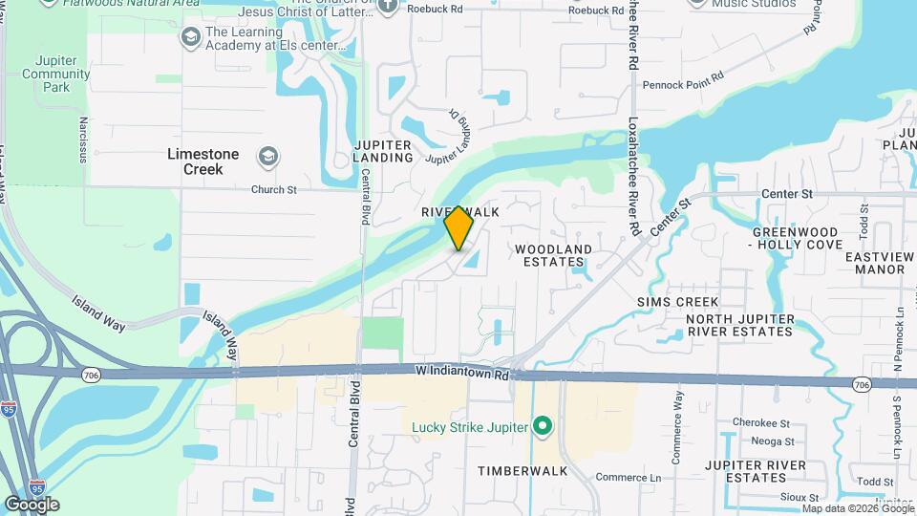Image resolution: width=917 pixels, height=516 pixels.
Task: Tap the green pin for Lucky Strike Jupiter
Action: click(x=543, y=425)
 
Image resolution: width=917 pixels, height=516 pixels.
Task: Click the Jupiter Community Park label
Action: click(x=57, y=74)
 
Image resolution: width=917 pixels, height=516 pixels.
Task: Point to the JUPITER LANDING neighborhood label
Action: click(x=383, y=151)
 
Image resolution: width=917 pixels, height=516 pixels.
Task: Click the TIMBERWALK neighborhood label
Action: click(x=522, y=471)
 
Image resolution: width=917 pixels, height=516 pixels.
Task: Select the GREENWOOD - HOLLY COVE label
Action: click(x=795, y=238)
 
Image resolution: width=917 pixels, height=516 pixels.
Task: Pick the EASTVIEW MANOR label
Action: click(x=880, y=263)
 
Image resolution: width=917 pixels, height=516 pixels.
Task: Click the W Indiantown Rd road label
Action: click(x=461, y=373)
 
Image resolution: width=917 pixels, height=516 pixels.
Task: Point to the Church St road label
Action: click(x=274, y=189)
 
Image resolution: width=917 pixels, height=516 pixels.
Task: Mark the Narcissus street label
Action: click(x=84, y=140)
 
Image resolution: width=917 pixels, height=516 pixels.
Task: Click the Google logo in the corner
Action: click(x=32, y=505)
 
